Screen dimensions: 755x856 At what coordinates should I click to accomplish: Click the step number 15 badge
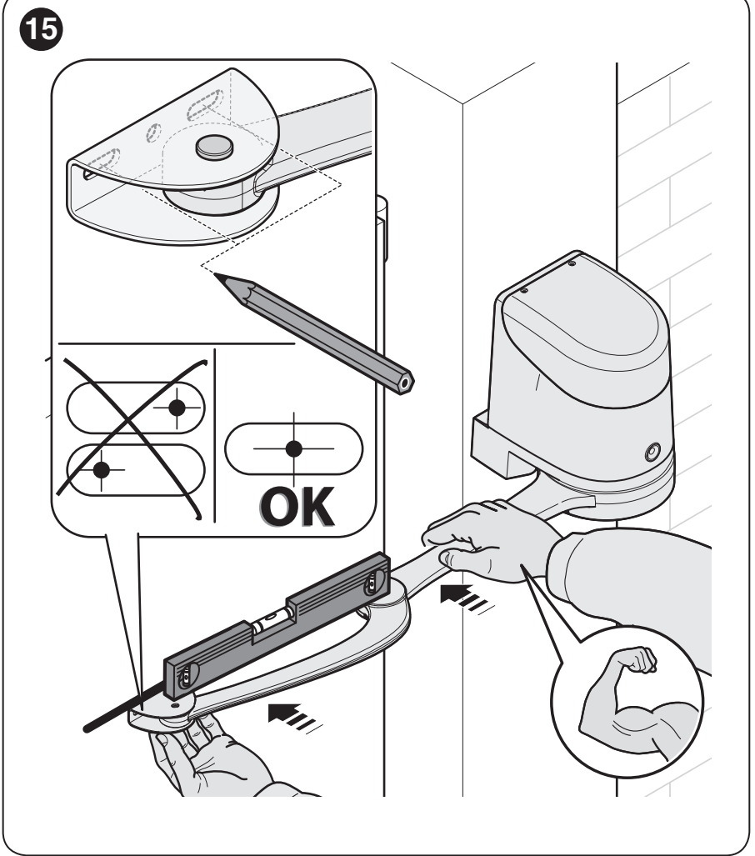(x=42, y=29)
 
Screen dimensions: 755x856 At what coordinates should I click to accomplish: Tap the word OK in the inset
(x=297, y=507)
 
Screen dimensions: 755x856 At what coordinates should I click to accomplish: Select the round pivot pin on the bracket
(x=214, y=147)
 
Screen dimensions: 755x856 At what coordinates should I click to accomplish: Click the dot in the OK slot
(x=293, y=448)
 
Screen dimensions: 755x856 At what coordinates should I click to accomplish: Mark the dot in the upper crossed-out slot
(x=177, y=408)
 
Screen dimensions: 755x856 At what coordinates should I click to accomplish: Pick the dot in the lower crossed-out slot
(x=102, y=469)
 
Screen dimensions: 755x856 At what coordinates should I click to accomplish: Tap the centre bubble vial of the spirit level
(x=268, y=619)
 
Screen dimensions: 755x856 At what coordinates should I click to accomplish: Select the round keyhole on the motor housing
(x=652, y=452)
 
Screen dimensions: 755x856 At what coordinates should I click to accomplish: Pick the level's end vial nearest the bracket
(x=186, y=677)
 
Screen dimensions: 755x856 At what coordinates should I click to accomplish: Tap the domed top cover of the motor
(x=584, y=328)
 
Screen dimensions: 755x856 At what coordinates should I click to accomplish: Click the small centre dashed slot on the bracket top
(x=154, y=133)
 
